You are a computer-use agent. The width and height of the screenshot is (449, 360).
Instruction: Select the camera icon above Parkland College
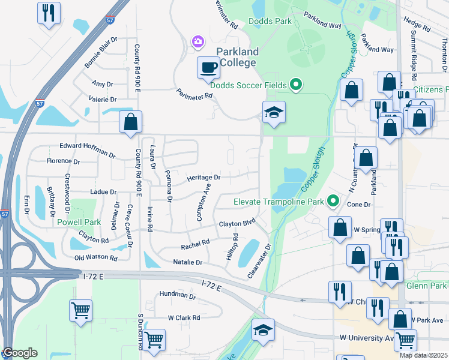pos(197,41)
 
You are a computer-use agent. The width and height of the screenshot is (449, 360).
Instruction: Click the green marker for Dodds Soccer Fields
pos(295,85)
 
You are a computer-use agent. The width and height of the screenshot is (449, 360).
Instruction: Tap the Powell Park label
pos(79,222)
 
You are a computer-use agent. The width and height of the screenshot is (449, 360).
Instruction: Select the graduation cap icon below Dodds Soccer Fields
pos(274,112)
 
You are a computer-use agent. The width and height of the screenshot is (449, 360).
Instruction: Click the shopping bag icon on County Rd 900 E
pos(130,122)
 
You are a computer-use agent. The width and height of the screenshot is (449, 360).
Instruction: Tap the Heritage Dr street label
pos(203,178)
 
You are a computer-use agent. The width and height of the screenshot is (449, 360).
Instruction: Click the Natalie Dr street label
pos(187,262)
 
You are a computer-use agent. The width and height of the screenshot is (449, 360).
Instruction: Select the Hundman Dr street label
pos(177,296)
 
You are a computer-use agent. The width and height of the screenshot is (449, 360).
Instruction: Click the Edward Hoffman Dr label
pos(88,150)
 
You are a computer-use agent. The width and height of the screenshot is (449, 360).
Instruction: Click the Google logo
pos(20,353)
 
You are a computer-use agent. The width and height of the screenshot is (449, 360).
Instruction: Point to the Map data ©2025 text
pos(423,355)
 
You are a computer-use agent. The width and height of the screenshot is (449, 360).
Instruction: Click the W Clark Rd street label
pos(183,317)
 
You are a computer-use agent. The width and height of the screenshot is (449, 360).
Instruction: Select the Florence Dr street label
pos(63,161)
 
